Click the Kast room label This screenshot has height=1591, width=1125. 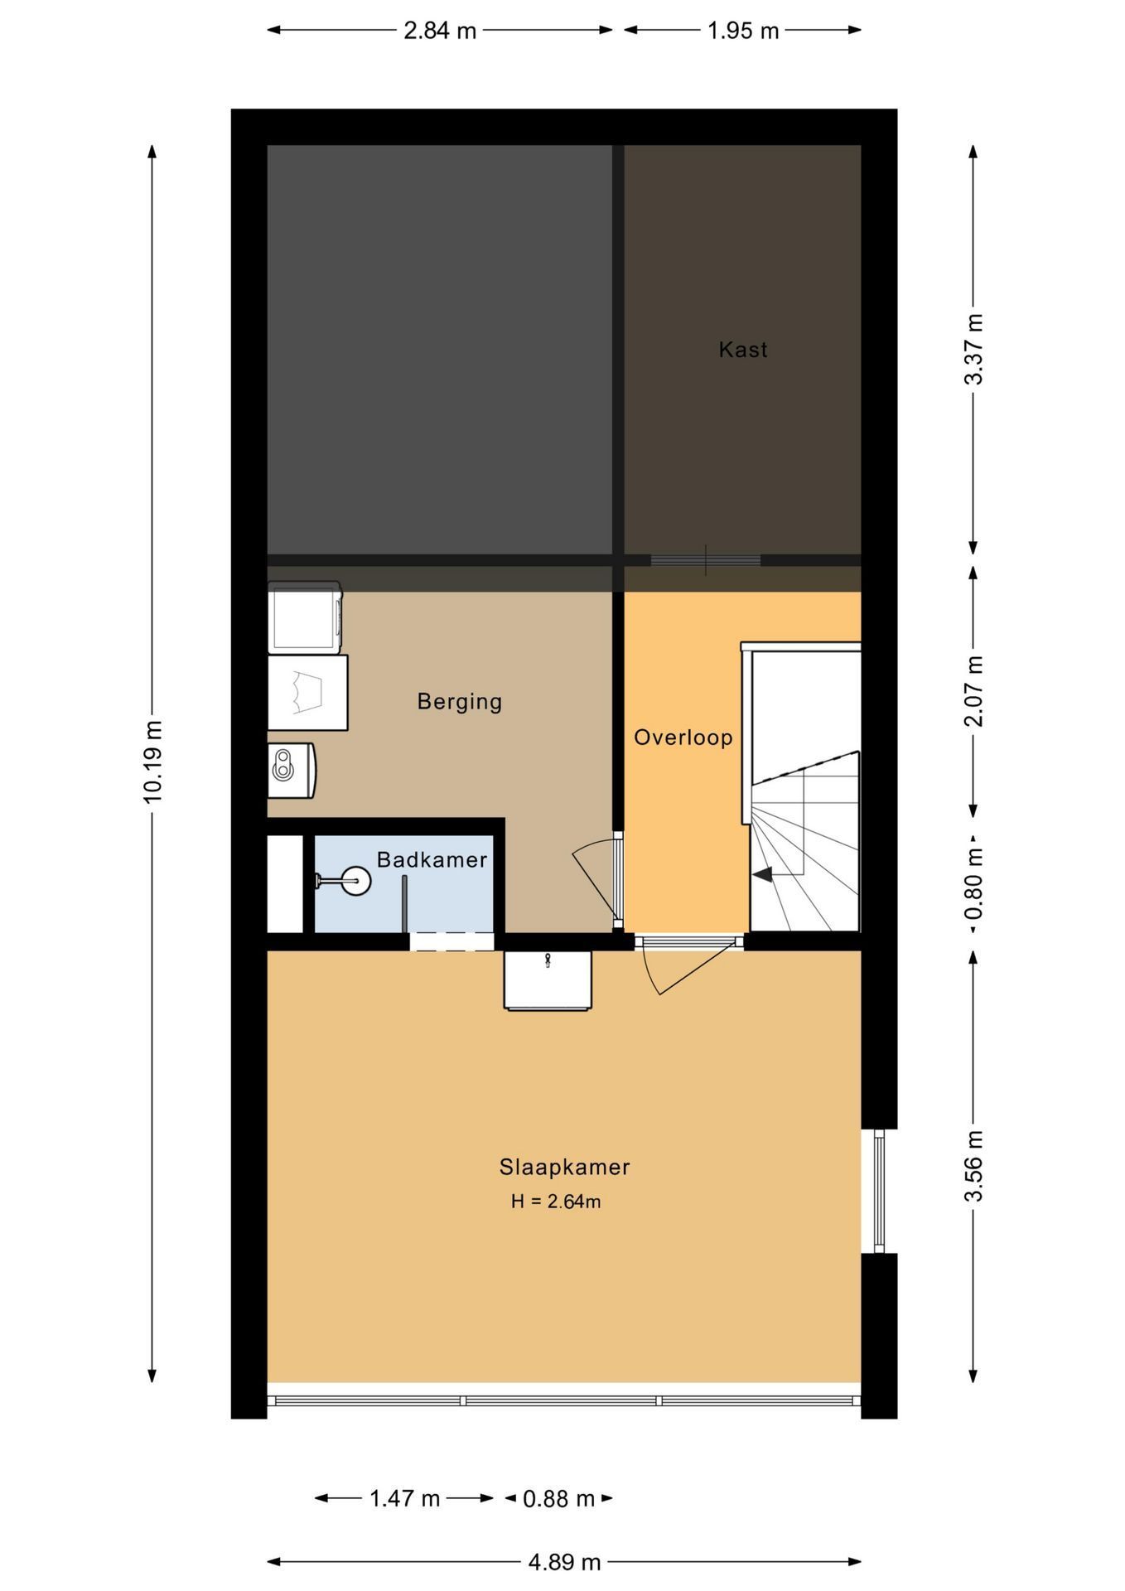(x=742, y=350)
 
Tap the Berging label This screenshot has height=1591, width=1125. (x=459, y=702)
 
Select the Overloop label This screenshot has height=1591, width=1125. (x=683, y=737)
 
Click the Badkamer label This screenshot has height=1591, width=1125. (x=432, y=860)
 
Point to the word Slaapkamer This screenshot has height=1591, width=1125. (x=564, y=1167)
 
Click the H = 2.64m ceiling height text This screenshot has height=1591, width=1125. (x=556, y=1202)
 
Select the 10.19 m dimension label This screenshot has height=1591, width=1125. (x=152, y=761)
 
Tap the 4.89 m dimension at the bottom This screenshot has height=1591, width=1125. (x=564, y=1562)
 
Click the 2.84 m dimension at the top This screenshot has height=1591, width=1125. (x=440, y=31)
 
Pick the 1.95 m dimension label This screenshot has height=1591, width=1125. (x=743, y=31)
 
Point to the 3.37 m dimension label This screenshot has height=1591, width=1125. (x=974, y=349)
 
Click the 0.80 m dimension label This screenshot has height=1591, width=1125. (x=974, y=883)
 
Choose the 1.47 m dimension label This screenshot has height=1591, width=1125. (x=404, y=1498)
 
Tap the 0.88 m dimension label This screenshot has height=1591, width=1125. (x=559, y=1498)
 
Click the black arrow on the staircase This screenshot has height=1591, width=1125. (x=762, y=873)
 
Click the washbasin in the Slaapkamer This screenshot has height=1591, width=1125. (x=548, y=980)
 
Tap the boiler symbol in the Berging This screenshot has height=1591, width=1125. (x=290, y=770)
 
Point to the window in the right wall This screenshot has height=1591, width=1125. (x=879, y=1191)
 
